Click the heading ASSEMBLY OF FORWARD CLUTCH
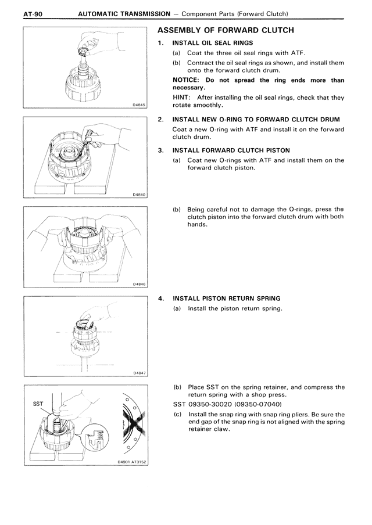(226, 30)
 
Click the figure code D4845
(138, 105)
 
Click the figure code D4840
(138, 195)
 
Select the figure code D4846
(138, 284)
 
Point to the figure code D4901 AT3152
(130, 462)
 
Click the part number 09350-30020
(208, 404)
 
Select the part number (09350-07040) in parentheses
(257, 404)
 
